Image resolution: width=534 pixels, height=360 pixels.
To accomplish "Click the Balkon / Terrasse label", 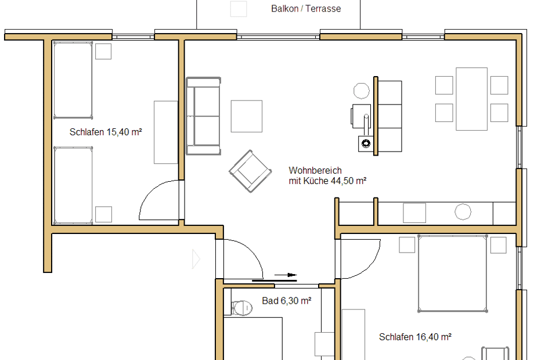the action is [306, 9].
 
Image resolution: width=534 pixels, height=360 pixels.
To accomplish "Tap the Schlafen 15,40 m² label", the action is [106, 132].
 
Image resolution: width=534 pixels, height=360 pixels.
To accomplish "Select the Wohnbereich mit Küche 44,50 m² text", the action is [327, 175].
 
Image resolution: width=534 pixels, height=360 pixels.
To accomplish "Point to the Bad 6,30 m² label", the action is [286, 301].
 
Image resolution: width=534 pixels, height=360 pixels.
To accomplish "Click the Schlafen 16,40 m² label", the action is [415, 337].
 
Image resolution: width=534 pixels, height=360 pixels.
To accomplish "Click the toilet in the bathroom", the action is [242, 308].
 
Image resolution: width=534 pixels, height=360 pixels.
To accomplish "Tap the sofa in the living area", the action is [203, 116].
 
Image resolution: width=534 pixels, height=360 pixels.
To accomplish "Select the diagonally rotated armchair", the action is [250, 171].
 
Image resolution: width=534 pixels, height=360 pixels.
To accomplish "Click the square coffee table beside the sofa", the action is [247, 116].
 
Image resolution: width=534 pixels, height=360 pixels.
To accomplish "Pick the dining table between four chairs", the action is [472, 99].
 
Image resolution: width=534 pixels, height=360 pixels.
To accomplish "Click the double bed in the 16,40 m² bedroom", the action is [453, 273].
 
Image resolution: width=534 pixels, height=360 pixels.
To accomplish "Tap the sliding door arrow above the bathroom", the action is [286, 275].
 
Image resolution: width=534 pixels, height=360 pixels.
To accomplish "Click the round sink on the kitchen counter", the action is [463, 211].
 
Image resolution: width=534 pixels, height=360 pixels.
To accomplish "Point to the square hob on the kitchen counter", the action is [414, 213].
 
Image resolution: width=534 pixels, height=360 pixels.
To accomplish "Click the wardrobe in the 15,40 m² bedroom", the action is [166, 132].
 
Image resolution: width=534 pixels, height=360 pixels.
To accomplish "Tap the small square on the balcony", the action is [239, 9].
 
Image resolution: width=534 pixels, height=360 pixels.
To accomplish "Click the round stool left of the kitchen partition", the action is [362, 91].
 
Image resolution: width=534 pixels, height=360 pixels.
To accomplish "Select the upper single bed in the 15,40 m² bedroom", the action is [73, 80].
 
